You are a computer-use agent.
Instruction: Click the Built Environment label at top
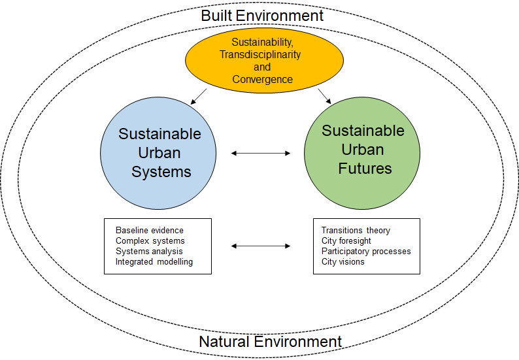(x=261, y=15)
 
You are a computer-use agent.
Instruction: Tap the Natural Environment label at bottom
(x=270, y=342)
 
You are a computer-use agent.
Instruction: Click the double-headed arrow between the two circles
(x=261, y=153)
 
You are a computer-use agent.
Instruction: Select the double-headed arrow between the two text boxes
(x=261, y=246)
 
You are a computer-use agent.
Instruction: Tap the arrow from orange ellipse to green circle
(x=324, y=96)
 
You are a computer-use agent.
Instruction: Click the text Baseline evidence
(x=149, y=231)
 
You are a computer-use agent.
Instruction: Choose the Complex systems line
(x=150, y=241)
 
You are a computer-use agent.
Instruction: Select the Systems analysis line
(x=149, y=251)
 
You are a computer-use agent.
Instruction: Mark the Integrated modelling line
(x=154, y=261)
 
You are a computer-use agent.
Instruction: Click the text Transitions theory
(x=356, y=231)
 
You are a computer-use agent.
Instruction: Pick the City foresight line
(x=346, y=241)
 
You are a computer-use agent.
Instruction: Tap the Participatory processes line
(x=366, y=251)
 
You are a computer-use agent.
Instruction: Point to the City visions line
(x=343, y=261)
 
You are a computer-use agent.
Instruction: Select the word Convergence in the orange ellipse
(x=262, y=79)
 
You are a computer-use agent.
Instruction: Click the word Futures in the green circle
(x=365, y=168)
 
